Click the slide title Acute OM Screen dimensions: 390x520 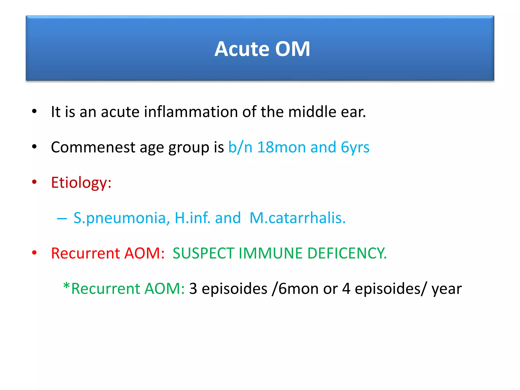coord(262,49)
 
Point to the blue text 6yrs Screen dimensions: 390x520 coord(355,148)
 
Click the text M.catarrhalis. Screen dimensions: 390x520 coord(298,218)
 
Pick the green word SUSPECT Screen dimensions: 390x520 coord(203,253)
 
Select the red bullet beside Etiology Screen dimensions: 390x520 coord(34,182)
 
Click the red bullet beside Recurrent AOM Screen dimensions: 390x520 coord(34,253)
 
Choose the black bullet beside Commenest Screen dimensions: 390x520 coord(34,147)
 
